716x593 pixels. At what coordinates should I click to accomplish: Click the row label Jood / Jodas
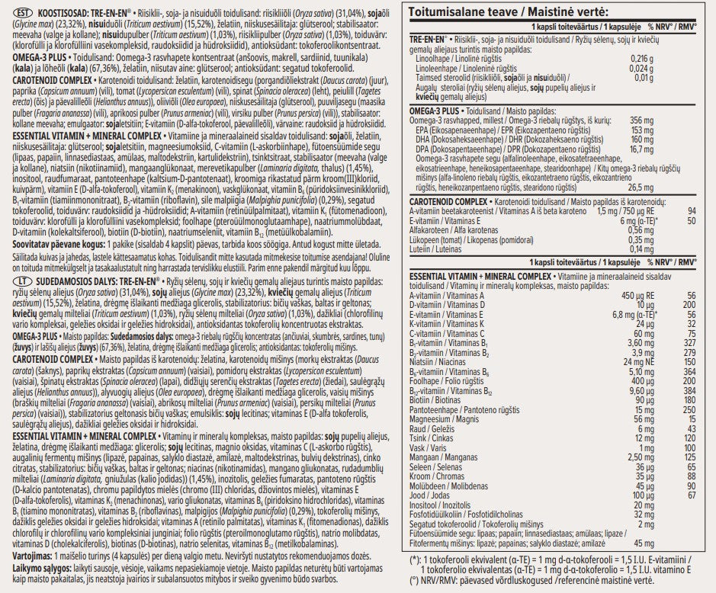pos(431,496)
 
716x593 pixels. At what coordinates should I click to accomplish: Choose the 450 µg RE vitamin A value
pos(634,295)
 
